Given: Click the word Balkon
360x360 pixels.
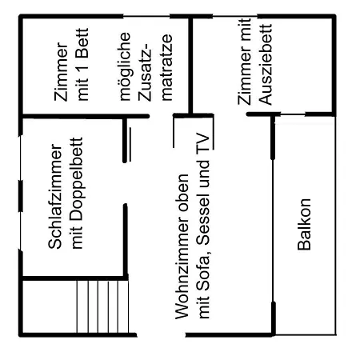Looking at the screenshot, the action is point(304,224).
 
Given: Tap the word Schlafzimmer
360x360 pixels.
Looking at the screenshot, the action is point(55,197).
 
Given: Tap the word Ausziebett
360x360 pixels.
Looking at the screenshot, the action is point(266,65).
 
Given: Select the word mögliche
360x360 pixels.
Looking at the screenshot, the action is point(125,66).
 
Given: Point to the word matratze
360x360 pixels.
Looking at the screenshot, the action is point(167,67).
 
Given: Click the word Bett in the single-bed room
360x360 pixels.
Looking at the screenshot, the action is point(82,43).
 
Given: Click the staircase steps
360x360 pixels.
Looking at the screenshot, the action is point(102,306).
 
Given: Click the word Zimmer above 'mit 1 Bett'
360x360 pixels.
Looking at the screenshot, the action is point(61,71).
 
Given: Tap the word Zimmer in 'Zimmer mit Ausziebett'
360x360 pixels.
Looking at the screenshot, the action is point(245,75).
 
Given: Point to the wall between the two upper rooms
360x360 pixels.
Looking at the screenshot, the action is point(190,66).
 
